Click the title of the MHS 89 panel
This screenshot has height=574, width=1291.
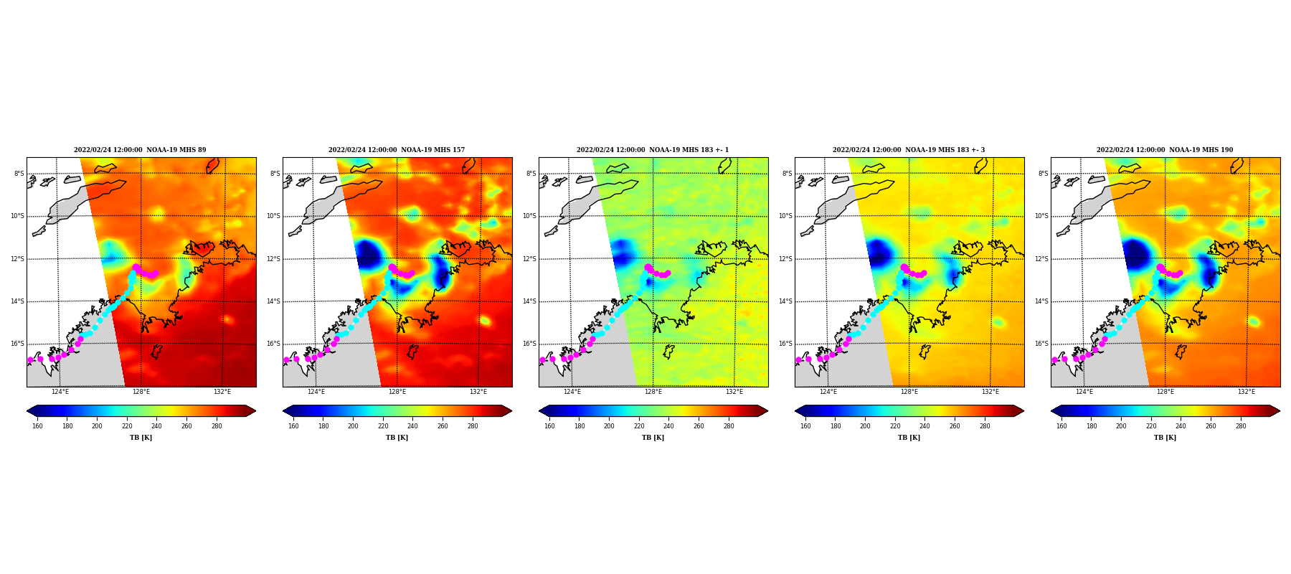coord(140,150)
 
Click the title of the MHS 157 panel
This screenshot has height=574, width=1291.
coord(397,150)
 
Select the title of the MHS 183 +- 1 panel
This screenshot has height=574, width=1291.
coord(653,150)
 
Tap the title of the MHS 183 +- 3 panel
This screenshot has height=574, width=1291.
coord(909,150)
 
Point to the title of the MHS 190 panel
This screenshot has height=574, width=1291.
coord(1165,150)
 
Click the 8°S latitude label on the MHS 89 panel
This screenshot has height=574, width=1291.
coord(19,174)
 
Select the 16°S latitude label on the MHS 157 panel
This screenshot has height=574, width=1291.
coord(273,344)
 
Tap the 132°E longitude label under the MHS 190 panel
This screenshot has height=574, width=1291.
coord(1247,392)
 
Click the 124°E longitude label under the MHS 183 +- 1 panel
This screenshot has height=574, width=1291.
coord(572,392)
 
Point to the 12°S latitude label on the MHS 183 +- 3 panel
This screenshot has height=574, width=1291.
coord(785,259)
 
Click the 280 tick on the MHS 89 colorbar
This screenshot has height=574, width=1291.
coord(217,426)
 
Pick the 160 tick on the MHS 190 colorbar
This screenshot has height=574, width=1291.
coord(1061,426)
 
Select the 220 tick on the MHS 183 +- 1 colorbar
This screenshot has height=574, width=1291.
coord(639,426)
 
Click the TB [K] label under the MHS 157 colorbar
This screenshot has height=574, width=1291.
coord(397,438)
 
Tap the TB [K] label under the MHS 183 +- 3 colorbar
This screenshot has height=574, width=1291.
coord(909,438)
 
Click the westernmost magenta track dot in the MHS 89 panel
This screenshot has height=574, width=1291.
coord(30,360)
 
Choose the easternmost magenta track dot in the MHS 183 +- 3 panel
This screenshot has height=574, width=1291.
coord(924,273)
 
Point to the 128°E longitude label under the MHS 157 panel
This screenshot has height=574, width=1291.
coord(397,392)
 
